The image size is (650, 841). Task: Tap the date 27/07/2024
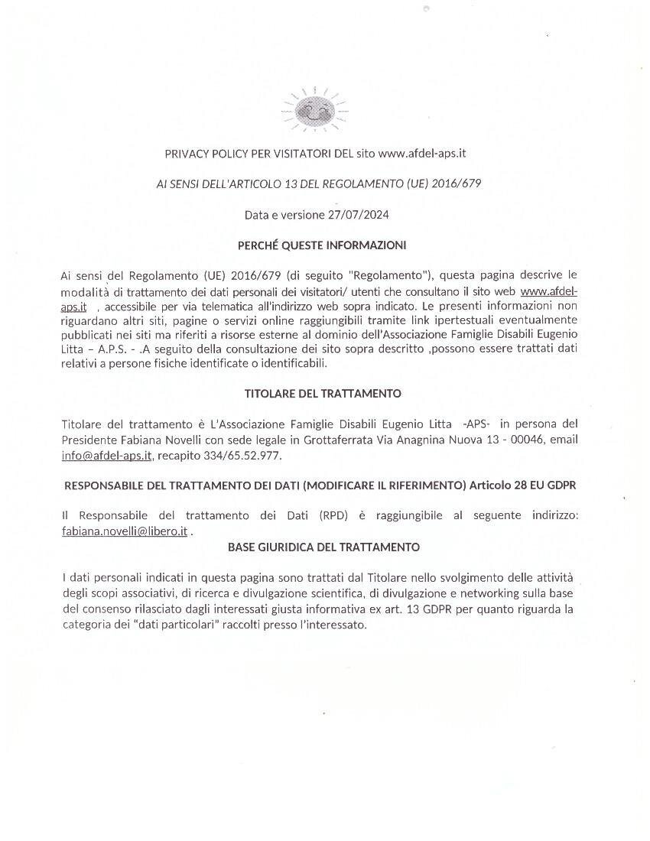(360, 215)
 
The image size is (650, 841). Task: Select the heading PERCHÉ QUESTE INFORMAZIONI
(321, 245)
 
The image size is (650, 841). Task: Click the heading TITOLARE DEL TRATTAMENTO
(323, 394)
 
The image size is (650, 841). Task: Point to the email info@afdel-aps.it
(108, 456)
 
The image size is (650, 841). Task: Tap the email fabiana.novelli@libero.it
(125, 531)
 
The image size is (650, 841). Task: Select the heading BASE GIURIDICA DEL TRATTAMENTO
(323, 547)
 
